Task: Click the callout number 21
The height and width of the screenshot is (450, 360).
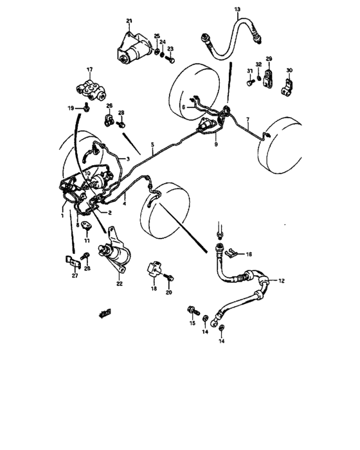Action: [x=129, y=22]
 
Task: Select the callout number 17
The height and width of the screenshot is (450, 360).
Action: [x=90, y=69]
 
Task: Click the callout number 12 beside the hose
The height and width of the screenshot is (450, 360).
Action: [x=280, y=280]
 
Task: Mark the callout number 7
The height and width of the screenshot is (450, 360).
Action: [x=248, y=120]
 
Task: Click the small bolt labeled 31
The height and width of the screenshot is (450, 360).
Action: [x=249, y=82]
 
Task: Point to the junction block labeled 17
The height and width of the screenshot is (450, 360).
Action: [x=91, y=89]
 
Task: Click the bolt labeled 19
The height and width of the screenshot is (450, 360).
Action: [x=85, y=108]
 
